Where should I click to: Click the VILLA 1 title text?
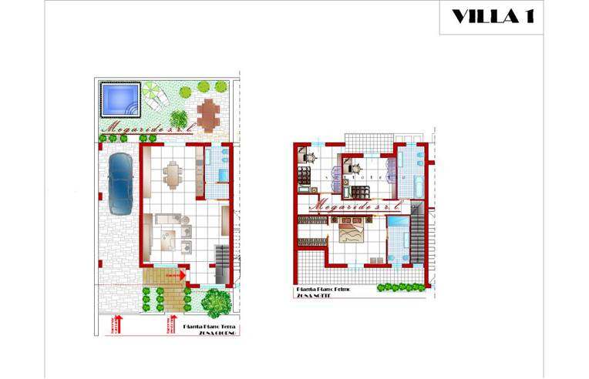492,17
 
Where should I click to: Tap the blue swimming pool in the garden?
119,98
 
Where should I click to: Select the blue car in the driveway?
120,183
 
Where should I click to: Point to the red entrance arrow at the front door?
177,273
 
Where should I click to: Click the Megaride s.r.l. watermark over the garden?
140,130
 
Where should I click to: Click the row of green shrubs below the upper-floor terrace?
401,288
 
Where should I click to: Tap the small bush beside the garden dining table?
179,119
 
